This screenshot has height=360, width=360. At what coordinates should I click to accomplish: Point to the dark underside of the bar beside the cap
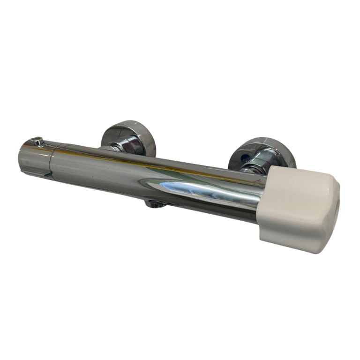(234, 214)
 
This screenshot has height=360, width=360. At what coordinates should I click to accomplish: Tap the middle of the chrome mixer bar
(155, 178)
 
